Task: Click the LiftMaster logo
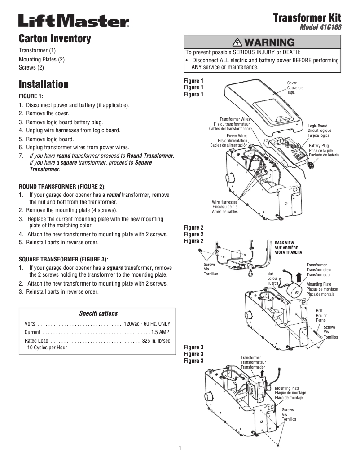coord(74,21)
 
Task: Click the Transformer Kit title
coord(307,18)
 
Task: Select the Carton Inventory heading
coord(55,39)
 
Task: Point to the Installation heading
coord(44,84)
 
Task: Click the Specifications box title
coord(98,313)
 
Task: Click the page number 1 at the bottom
coord(180,448)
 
